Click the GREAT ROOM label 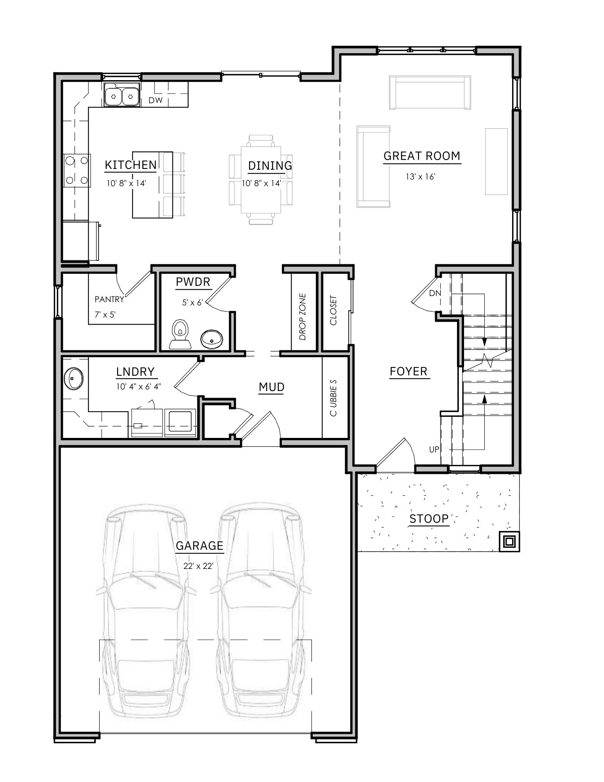(x=421, y=156)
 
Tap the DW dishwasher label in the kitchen (x=155, y=100)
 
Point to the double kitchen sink (x=122, y=95)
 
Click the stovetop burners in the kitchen (x=77, y=170)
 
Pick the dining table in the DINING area (x=261, y=179)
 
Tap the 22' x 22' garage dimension (x=199, y=566)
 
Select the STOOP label (x=429, y=519)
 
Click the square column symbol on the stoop (x=509, y=542)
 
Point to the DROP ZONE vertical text (x=303, y=317)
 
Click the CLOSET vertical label (x=333, y=310)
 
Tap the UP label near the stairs (x=434, y=450)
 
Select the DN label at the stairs (x=435, y=293)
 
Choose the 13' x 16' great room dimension (x=420, y=177)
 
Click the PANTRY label (x=109, y=300)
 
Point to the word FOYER (x=409, y=371)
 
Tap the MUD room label (x=271, y=387)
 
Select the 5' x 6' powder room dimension (x=192, y=302)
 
